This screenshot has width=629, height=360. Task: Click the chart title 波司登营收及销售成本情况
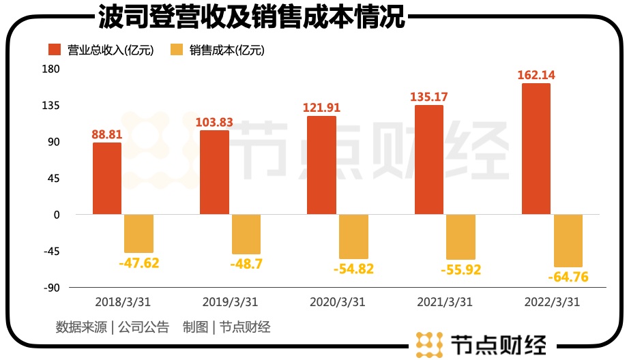pos(252,17)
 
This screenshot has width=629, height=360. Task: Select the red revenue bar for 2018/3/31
pos(107,179)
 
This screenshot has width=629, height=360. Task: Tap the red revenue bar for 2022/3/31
pos(536,149)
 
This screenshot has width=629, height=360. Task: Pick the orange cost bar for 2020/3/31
pos(353,237)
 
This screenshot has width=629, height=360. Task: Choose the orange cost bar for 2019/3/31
pos(246,235)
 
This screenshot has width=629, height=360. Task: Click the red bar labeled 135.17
pos(428,160)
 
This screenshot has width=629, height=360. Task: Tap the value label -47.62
pos(138,262)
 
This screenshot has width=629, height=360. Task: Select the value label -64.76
pos(568,277)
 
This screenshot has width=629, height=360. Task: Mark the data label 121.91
pos(321,108)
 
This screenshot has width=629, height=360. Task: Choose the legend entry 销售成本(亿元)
pos(218,50)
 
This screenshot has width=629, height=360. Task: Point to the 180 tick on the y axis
pos(52,69)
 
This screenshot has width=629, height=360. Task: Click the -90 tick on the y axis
pos(52,287)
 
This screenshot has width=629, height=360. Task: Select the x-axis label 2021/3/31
pos(445,302)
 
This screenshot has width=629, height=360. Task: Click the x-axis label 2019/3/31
pos(231,302)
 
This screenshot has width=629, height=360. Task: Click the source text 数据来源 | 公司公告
pos(112,327)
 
